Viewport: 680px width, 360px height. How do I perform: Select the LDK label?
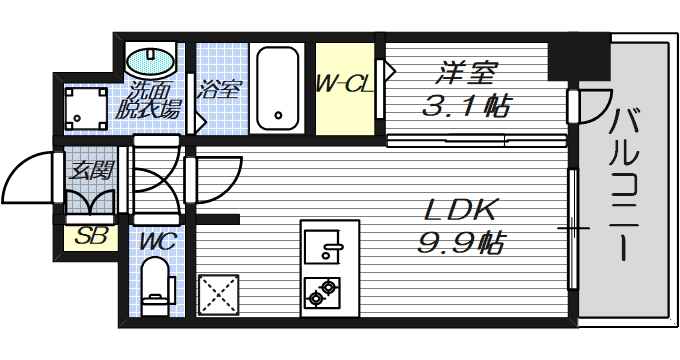[459, 210]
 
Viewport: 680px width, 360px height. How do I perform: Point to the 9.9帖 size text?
[460, 242]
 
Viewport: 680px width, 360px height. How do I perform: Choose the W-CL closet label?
[345, 86]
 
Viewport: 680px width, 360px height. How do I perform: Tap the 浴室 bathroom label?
[219, 88]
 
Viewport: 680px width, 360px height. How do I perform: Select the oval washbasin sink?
[151, 59]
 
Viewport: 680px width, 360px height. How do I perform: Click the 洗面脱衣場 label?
[150, 98]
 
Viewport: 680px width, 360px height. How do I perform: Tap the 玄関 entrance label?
[89, 169]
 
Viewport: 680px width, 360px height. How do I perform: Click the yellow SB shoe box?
[90, 238]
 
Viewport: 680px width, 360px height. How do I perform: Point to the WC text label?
[153, 241]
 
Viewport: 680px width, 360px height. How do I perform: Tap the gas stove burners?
[324, 293]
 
